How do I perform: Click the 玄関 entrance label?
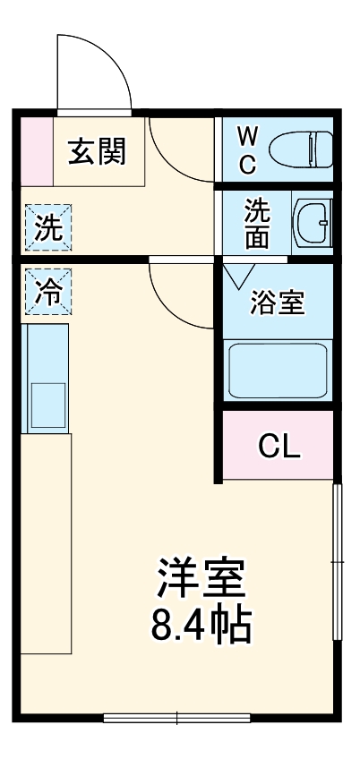[99, 151]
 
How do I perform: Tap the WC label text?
[247, 150]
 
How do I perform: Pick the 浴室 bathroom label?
[277, 303]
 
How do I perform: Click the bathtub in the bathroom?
[279, 369]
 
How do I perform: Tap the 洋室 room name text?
[201, 579]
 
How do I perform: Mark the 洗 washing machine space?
[48, 228]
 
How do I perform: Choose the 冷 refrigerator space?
[48, 292]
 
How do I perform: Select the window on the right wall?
[338, 562]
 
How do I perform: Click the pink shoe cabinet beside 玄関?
[37, 149]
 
